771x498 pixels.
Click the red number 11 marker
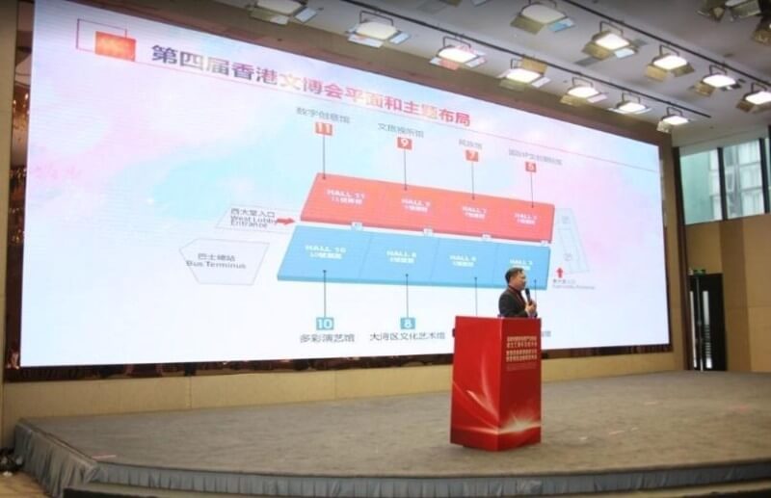coord(324,129)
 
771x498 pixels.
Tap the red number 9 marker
coord(404,143)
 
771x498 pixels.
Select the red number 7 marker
coord(472,154)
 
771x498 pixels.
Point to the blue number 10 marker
coord(325,324)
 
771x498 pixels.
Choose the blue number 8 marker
coord(407,324)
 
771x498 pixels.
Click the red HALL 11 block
coord(338,200)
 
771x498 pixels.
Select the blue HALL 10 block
coord(324,254)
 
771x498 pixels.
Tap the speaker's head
coord(514,277)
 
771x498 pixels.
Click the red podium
coord(495,381)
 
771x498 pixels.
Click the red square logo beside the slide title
coord(115,45)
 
